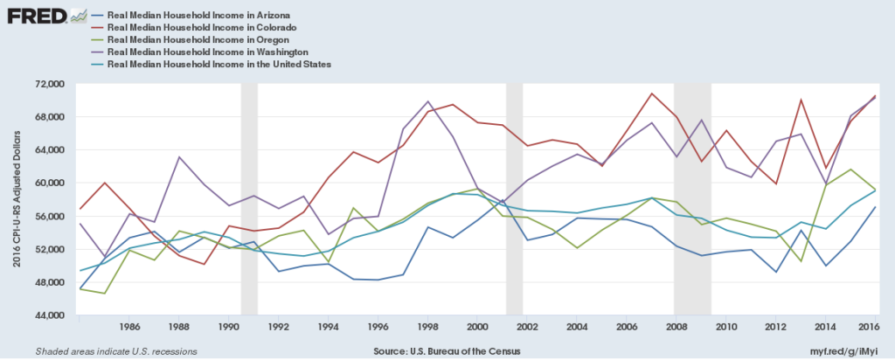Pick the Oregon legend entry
[x=210, y=40]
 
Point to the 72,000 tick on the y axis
[x=51, y=84]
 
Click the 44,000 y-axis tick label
[x=51, y=315]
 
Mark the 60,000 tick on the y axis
[x=51, y=183]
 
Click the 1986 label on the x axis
[x=128, y=328]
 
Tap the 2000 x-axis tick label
[x=477, y=328]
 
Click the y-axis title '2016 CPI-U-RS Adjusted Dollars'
[x=16, y=199]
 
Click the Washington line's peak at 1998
[x=427, y=101]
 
